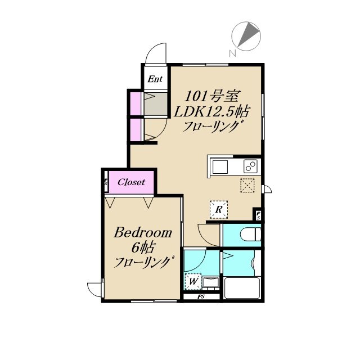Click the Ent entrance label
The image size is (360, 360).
click(x=155, y=79)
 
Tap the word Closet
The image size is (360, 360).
click(x=131, y=182)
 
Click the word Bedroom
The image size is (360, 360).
click(x=143, y=232)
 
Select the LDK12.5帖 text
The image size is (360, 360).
click(x=211, y=112)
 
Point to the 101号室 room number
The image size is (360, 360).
click(x=213, y=96)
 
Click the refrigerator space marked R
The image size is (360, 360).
click(x=219, y=209)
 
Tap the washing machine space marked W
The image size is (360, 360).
click(x=193, y=281)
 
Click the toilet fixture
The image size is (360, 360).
click(x=250, y=235)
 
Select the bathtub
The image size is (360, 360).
click(x=242, y=288)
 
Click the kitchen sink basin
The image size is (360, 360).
click(x=220, y=167)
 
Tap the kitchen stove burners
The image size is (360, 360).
click(x=250, y=166)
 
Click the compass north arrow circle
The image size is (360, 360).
click(x=246, y=36)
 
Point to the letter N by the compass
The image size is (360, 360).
click(x=232, y=54)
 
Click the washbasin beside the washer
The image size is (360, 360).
click(x=211, y=282)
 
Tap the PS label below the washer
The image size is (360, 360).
click(x=201, y=296)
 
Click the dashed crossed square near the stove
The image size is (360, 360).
click(x=247, y=185)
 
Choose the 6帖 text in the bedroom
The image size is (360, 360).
click(x=142, y=247)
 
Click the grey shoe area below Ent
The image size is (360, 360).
click(x=155, y=104)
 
